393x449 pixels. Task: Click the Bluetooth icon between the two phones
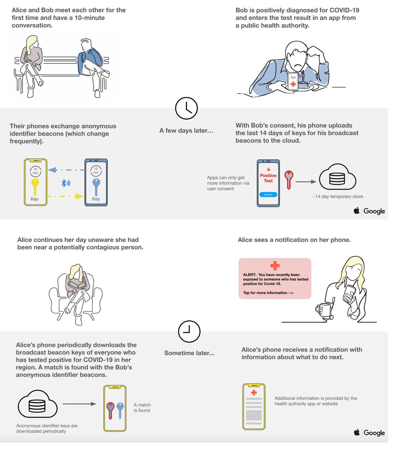(65, 183)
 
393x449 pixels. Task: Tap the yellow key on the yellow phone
(35, 187)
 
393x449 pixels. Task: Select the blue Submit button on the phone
(268, 195)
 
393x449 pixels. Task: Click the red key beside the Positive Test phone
(289, 180)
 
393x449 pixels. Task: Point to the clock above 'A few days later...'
(186, 109)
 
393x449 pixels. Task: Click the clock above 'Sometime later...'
(189, 332)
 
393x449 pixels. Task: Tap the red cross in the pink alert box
(275, 266)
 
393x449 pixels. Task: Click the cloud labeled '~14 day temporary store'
(338, 177)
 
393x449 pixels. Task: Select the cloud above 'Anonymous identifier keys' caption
(37, 404)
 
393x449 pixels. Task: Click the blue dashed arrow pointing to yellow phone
(66, 170)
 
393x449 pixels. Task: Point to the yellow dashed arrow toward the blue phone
(65, 196)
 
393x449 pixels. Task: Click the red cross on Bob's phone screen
(293, 84)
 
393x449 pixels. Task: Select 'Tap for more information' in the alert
(268, 293)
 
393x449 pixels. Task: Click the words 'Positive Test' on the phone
(268, 178)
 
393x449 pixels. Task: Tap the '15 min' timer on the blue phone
(96, 171)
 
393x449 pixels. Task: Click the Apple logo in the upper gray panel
(357, 210)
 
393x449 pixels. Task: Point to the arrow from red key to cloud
(306, 182)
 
